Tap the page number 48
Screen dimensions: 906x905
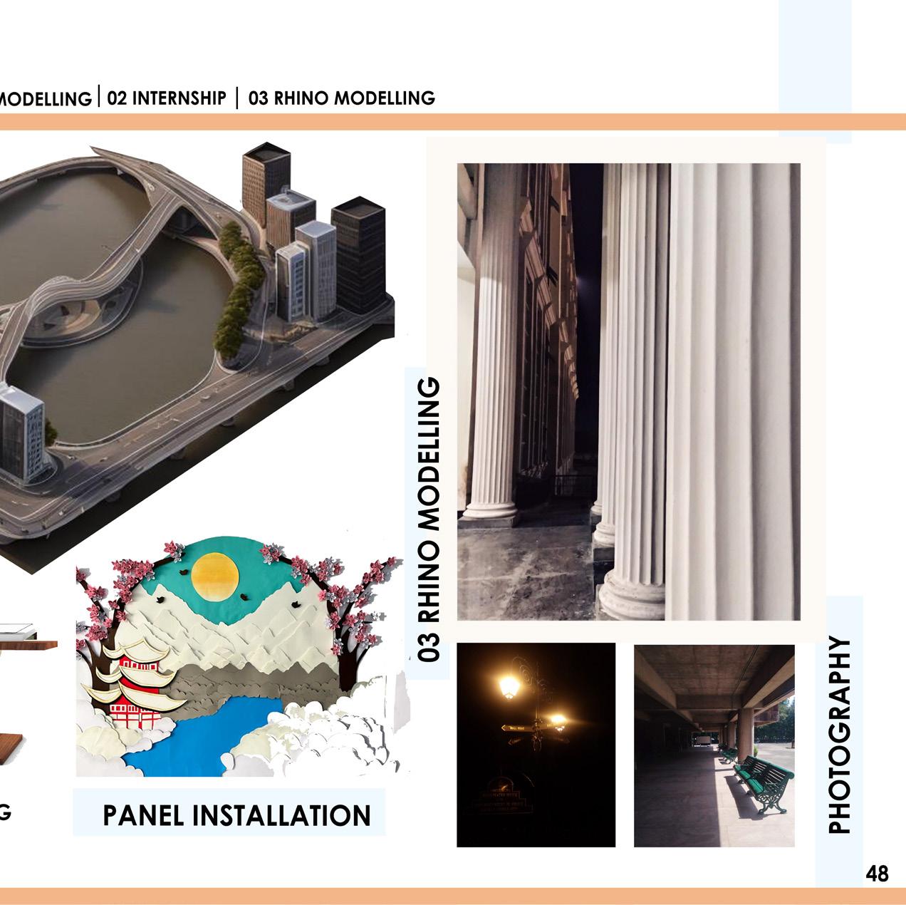click(x=878, y=873)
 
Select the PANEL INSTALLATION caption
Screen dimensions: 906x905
click(x=236, y=814)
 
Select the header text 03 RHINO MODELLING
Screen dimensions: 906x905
click(x=342, y=98)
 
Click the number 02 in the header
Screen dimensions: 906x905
click(x=117, y=98)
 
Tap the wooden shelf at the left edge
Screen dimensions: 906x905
click(x=28, y=645)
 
